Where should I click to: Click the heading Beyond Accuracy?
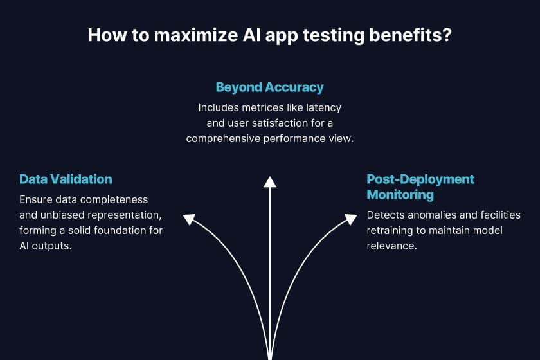pyautogui.click(x=269, y=87)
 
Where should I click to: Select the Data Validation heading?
pyautogui.click(x=66, y=179)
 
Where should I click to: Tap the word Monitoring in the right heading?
pyautogui.click(x=400, y=194)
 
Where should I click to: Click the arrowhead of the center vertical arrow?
pyautogui.click(x=270, y=181)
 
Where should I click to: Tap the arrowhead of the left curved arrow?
pyautogui.click(x=189, y=219)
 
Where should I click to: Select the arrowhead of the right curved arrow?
pyautogui.click(x=350, y=219)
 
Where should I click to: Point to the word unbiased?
pyautogui.click(x=60, y=215)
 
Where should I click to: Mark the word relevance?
pyautogui.click(x=392, y=246)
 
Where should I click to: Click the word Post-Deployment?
pyautogui.click(x=420, y=179)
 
